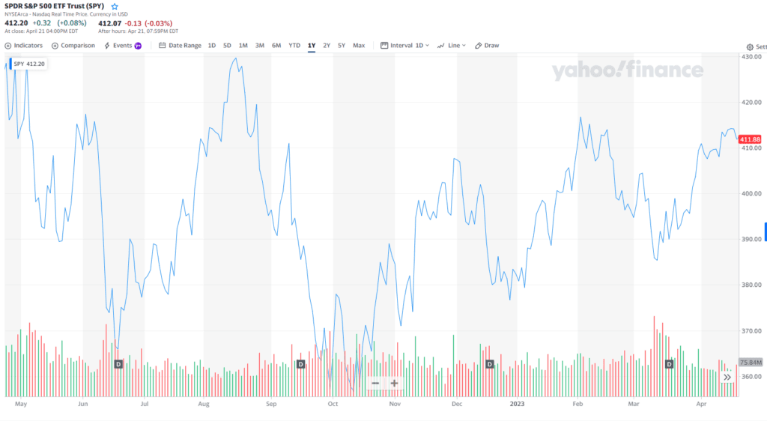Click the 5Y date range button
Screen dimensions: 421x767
click(342, 46)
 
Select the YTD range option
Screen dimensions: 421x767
click(294, 46)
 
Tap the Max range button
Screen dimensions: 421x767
click(359, 46)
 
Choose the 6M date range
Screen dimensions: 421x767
click(276, 46)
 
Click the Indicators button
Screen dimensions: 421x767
click(24, 46)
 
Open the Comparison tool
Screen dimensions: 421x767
click(73, 46)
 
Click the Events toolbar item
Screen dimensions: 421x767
click(122, 46)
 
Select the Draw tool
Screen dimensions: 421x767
click(487, 46)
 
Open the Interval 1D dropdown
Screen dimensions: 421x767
click(405, 46)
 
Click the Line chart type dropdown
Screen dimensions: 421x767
click(452, 46)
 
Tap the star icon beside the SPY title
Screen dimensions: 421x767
click(115, 6)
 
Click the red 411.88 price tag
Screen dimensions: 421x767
click(750, 139)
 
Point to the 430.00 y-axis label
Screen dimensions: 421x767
click(751, 57)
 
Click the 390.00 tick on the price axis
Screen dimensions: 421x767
click(751, 239)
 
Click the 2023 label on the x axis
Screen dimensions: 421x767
click(516, 403)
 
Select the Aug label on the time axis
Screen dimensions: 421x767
click(204, 403)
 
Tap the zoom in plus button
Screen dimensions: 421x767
click(394, 384)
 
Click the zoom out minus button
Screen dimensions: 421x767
click(375, 384)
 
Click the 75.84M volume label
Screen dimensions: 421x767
click(750, 363)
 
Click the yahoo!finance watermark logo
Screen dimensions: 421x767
click(628, 71)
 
